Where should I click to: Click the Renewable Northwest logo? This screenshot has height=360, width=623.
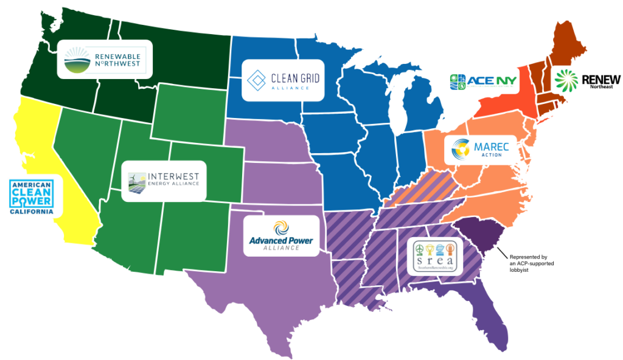(x=103, y=59)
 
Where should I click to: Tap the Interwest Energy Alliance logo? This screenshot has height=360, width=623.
(x=164, y=180)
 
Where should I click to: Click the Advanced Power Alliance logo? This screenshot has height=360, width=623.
(x=280, y=235)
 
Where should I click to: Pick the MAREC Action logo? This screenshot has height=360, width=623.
(x=481, y=148)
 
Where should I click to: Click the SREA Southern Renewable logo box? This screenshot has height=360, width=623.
(x=434, y=257)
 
